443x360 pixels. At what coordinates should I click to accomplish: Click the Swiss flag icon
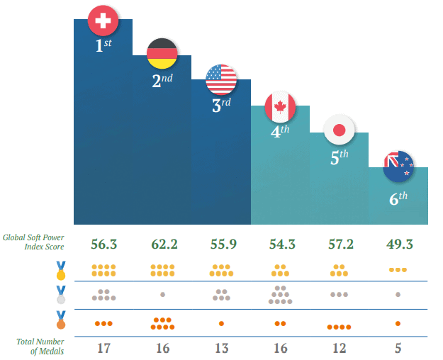[103, 21]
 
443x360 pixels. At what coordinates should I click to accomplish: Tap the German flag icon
[162, 53]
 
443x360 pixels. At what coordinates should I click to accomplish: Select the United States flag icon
[221, 79]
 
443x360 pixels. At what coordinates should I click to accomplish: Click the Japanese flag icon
[339, 130]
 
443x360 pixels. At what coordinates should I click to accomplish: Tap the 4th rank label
[281, 132]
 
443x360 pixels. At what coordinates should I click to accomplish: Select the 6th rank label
[399, 198]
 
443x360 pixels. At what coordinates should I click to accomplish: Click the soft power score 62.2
[164, 244]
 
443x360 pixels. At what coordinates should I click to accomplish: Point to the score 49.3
[398, 244]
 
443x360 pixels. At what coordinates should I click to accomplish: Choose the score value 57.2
[340, 244]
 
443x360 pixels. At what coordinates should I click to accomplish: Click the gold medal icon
[62, 270]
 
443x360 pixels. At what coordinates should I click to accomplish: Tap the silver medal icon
[62, 294]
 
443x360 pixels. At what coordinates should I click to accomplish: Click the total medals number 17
[104, 348]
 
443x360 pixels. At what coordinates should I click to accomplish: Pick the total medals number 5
[398, 348]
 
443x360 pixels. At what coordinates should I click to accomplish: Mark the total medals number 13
[222, 348]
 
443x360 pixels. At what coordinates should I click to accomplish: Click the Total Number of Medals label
[40, 347]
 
